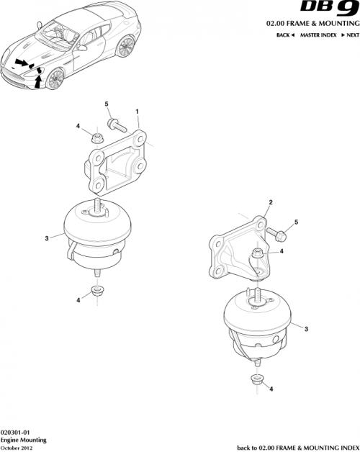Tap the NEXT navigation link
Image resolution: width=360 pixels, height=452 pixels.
348,35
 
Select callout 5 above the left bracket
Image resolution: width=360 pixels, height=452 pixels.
107,105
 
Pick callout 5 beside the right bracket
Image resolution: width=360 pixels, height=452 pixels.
295,223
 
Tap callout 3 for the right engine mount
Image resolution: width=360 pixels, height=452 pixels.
307,329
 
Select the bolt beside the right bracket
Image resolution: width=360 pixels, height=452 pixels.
279,233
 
